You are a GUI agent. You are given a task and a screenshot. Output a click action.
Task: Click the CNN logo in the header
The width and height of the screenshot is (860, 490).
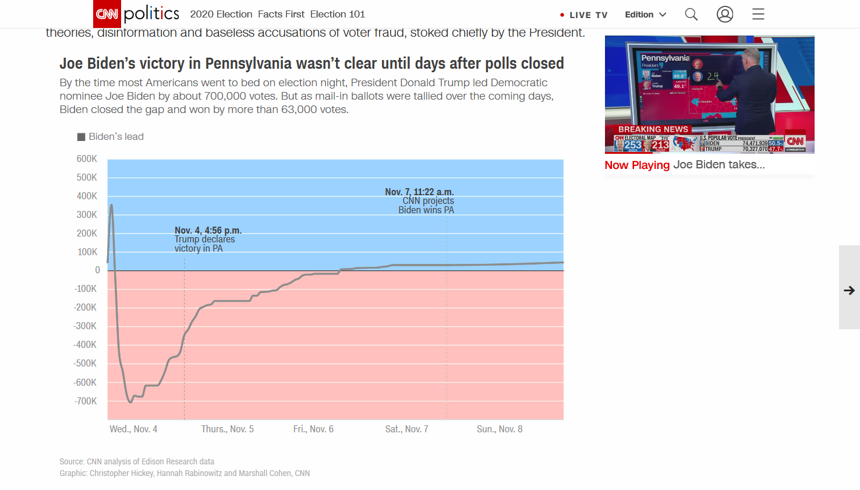point(107,14)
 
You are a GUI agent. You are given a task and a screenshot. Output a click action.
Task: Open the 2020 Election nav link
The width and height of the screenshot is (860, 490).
point(221,14)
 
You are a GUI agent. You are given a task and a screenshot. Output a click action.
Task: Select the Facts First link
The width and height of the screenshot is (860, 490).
point(281,14)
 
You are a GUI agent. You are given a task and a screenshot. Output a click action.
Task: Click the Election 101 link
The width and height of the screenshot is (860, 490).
point(338,14)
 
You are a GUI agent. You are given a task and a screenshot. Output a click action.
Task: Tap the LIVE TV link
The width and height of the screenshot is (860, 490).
point(584,15)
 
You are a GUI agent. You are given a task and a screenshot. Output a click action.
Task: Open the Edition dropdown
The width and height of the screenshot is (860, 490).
point(645,15)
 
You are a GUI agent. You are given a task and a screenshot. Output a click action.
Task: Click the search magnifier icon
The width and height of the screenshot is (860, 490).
point(691,14)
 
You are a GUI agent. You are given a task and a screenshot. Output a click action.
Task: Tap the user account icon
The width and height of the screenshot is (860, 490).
point(725,14)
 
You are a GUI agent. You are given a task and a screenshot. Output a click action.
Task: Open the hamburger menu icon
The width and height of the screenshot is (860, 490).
point(758,14)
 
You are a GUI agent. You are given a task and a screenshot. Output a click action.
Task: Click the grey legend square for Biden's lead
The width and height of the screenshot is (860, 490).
point(82,137)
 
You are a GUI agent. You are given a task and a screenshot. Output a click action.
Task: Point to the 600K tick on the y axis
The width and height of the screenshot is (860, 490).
point(87,158)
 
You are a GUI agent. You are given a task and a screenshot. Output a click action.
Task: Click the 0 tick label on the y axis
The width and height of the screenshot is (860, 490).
point(97,270)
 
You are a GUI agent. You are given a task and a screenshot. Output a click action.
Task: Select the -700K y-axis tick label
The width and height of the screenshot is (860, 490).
point(86,401)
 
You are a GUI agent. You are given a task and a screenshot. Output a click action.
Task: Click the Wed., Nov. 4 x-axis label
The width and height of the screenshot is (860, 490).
point(133,429)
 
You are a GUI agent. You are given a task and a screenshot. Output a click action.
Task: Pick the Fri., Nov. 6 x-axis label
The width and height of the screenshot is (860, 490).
point(313,429)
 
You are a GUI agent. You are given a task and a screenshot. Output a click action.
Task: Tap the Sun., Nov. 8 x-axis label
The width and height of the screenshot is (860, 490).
point(500,429)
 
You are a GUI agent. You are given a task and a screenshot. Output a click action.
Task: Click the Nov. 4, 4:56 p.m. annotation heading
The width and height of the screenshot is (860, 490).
point(208,231)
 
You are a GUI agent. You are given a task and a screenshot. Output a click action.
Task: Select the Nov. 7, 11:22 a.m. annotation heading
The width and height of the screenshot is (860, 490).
point(419,192)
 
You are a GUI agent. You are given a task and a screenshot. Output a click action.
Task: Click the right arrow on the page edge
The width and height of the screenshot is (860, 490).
point(850,290)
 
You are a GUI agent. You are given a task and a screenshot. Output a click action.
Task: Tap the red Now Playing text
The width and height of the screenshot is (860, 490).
point(637,165)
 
